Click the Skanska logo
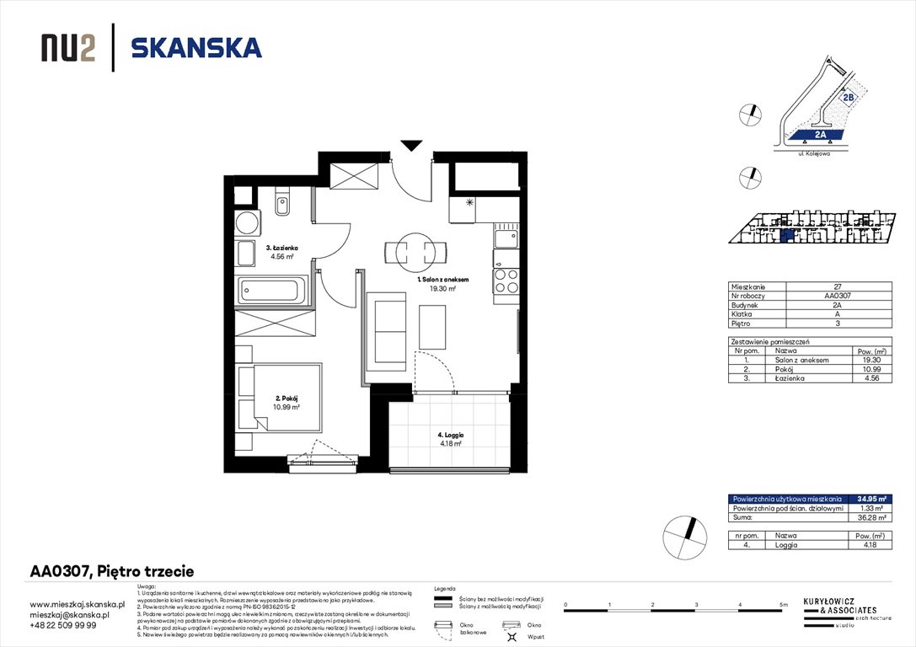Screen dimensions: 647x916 click(x=196, y=47)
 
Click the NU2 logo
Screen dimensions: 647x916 click(x=67, y=48)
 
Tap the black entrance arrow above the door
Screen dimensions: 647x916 click(x=410, y=146)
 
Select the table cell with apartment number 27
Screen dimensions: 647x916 click(x=836, y=287)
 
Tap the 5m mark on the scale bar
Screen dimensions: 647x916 click(x=783, y=605)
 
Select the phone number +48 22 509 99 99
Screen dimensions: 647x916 click(x=63, y=625)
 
